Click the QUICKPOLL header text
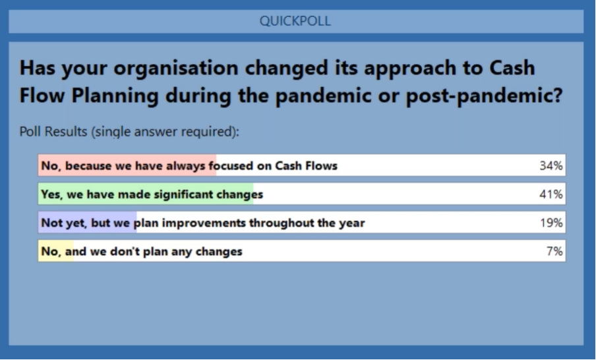click(295, 21)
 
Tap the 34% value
click(551, 165)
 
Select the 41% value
click(551, 195)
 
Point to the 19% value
click(552, 223)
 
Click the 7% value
click(554, 251)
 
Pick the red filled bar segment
click(127, 165)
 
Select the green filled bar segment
click(146, 194)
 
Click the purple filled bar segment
click(88, 222)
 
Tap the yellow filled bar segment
click(56, 251)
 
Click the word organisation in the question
click(175, 68)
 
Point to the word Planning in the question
click(115, 96)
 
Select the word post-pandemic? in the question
click(484, 96)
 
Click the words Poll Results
click(53, 131)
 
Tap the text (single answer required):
click(165, 132)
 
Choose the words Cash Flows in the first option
click(306, 165)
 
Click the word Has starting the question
click(37, 68)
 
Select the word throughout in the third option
click(282, 223)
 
